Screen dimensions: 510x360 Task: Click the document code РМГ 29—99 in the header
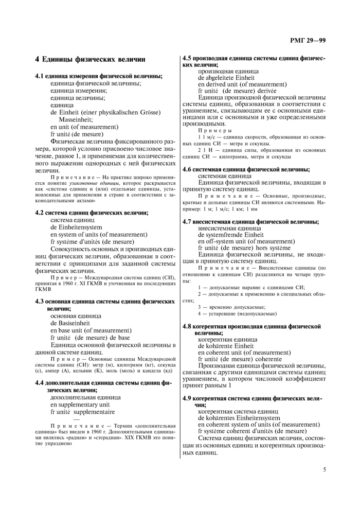point(307,40)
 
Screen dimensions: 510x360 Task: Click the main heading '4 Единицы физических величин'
point(90,60)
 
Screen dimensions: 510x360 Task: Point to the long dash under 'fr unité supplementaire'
point(77,419)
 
